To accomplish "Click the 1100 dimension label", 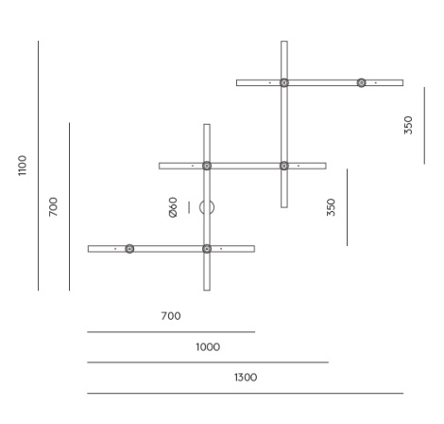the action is [x=22, y=166].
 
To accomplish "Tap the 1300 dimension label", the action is [x=246, y=378].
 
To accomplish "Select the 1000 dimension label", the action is [x=208, y=347].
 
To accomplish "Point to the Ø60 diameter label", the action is [x=173, y=207].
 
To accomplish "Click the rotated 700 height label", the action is [x=53, y=207].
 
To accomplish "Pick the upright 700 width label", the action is [x=171, y=316].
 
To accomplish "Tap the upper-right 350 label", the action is [x=408, y=125].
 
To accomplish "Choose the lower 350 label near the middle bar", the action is [x=331, y=207].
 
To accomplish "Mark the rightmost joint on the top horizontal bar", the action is [x=361, y=82].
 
